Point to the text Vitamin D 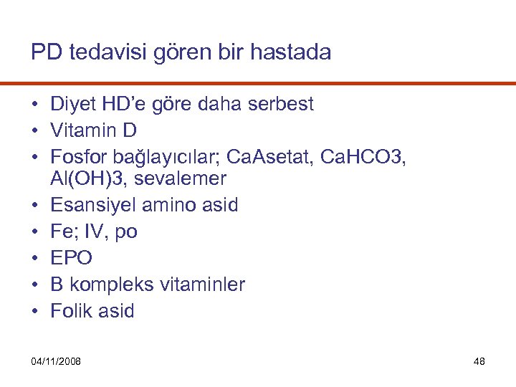tap(93, 131)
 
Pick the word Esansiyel tap(94, 205)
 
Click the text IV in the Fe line tap(92, 232)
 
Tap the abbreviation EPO tap(71, 258)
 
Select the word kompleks tap(103, 285)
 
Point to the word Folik tap(71, 311)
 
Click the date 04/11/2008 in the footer tap(56, 361)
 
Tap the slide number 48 tap(479, 361)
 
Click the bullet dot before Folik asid tap(34, 312)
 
